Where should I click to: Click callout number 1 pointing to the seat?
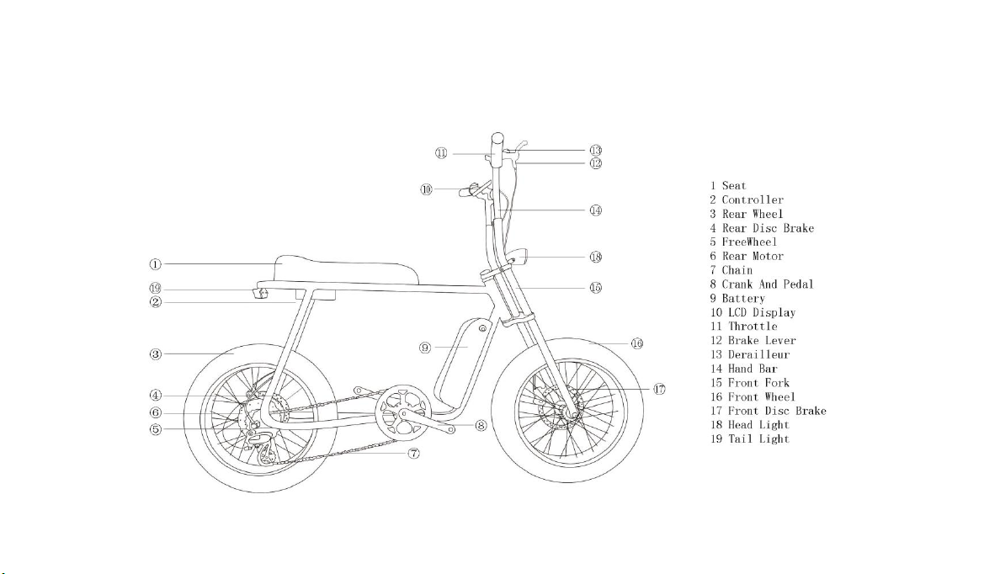pyautogui.click(x=155, y=265)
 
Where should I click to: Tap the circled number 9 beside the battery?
pyautogui.click(x=425, y=347)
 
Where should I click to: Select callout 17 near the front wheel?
pyautogui.click(x=660, y=390)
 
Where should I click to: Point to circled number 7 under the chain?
pyautogui.click(x=413, y=453)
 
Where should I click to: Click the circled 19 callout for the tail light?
pyautogui.click(x=155, y=289)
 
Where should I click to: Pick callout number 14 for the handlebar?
pyautogui.click(x=596, y=210)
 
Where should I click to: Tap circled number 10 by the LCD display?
pyautogui.click(x=426, y=189)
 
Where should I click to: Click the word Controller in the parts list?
pyautogui.click(x=753, y=200)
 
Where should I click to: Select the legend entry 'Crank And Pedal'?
pyautogui.click(x=768, y=284)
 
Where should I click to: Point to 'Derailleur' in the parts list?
pyautogui.click(x=758, y=354)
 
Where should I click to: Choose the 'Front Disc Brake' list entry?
pyautogui.click(x=777, y=411)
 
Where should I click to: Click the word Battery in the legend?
pyautogui.click(x=743, y=299)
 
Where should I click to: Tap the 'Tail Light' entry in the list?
pyautogui.click(x=758, y=439)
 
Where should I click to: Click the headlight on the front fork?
pyautogui.click(x=519, y=257)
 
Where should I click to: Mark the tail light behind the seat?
pyautogui.click(x=261, y=293)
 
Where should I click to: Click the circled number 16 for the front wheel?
pyautogui.click(x=637, y=343)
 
